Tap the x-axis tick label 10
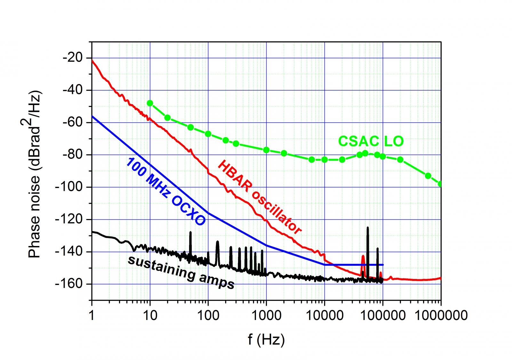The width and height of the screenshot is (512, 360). tap(150, 315)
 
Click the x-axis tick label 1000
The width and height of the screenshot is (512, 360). tap(266, 315)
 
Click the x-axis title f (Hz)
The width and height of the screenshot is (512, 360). tap(266, 340)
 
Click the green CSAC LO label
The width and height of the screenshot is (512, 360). tap(371, 141)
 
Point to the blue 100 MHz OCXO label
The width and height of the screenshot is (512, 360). tap(165, 192)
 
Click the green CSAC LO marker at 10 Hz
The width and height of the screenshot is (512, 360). tap(150, 103)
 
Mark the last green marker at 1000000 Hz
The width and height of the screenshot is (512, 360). tap(440, 184)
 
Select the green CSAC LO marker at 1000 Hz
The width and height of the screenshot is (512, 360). tap(266, 150)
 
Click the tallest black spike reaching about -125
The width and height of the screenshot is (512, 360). tap(367, 228)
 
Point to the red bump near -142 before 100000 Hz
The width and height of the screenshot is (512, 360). tap(363, 256)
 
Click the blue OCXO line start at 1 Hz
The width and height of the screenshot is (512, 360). tap(92, 116)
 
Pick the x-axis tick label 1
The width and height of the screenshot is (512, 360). tap(92, 315)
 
